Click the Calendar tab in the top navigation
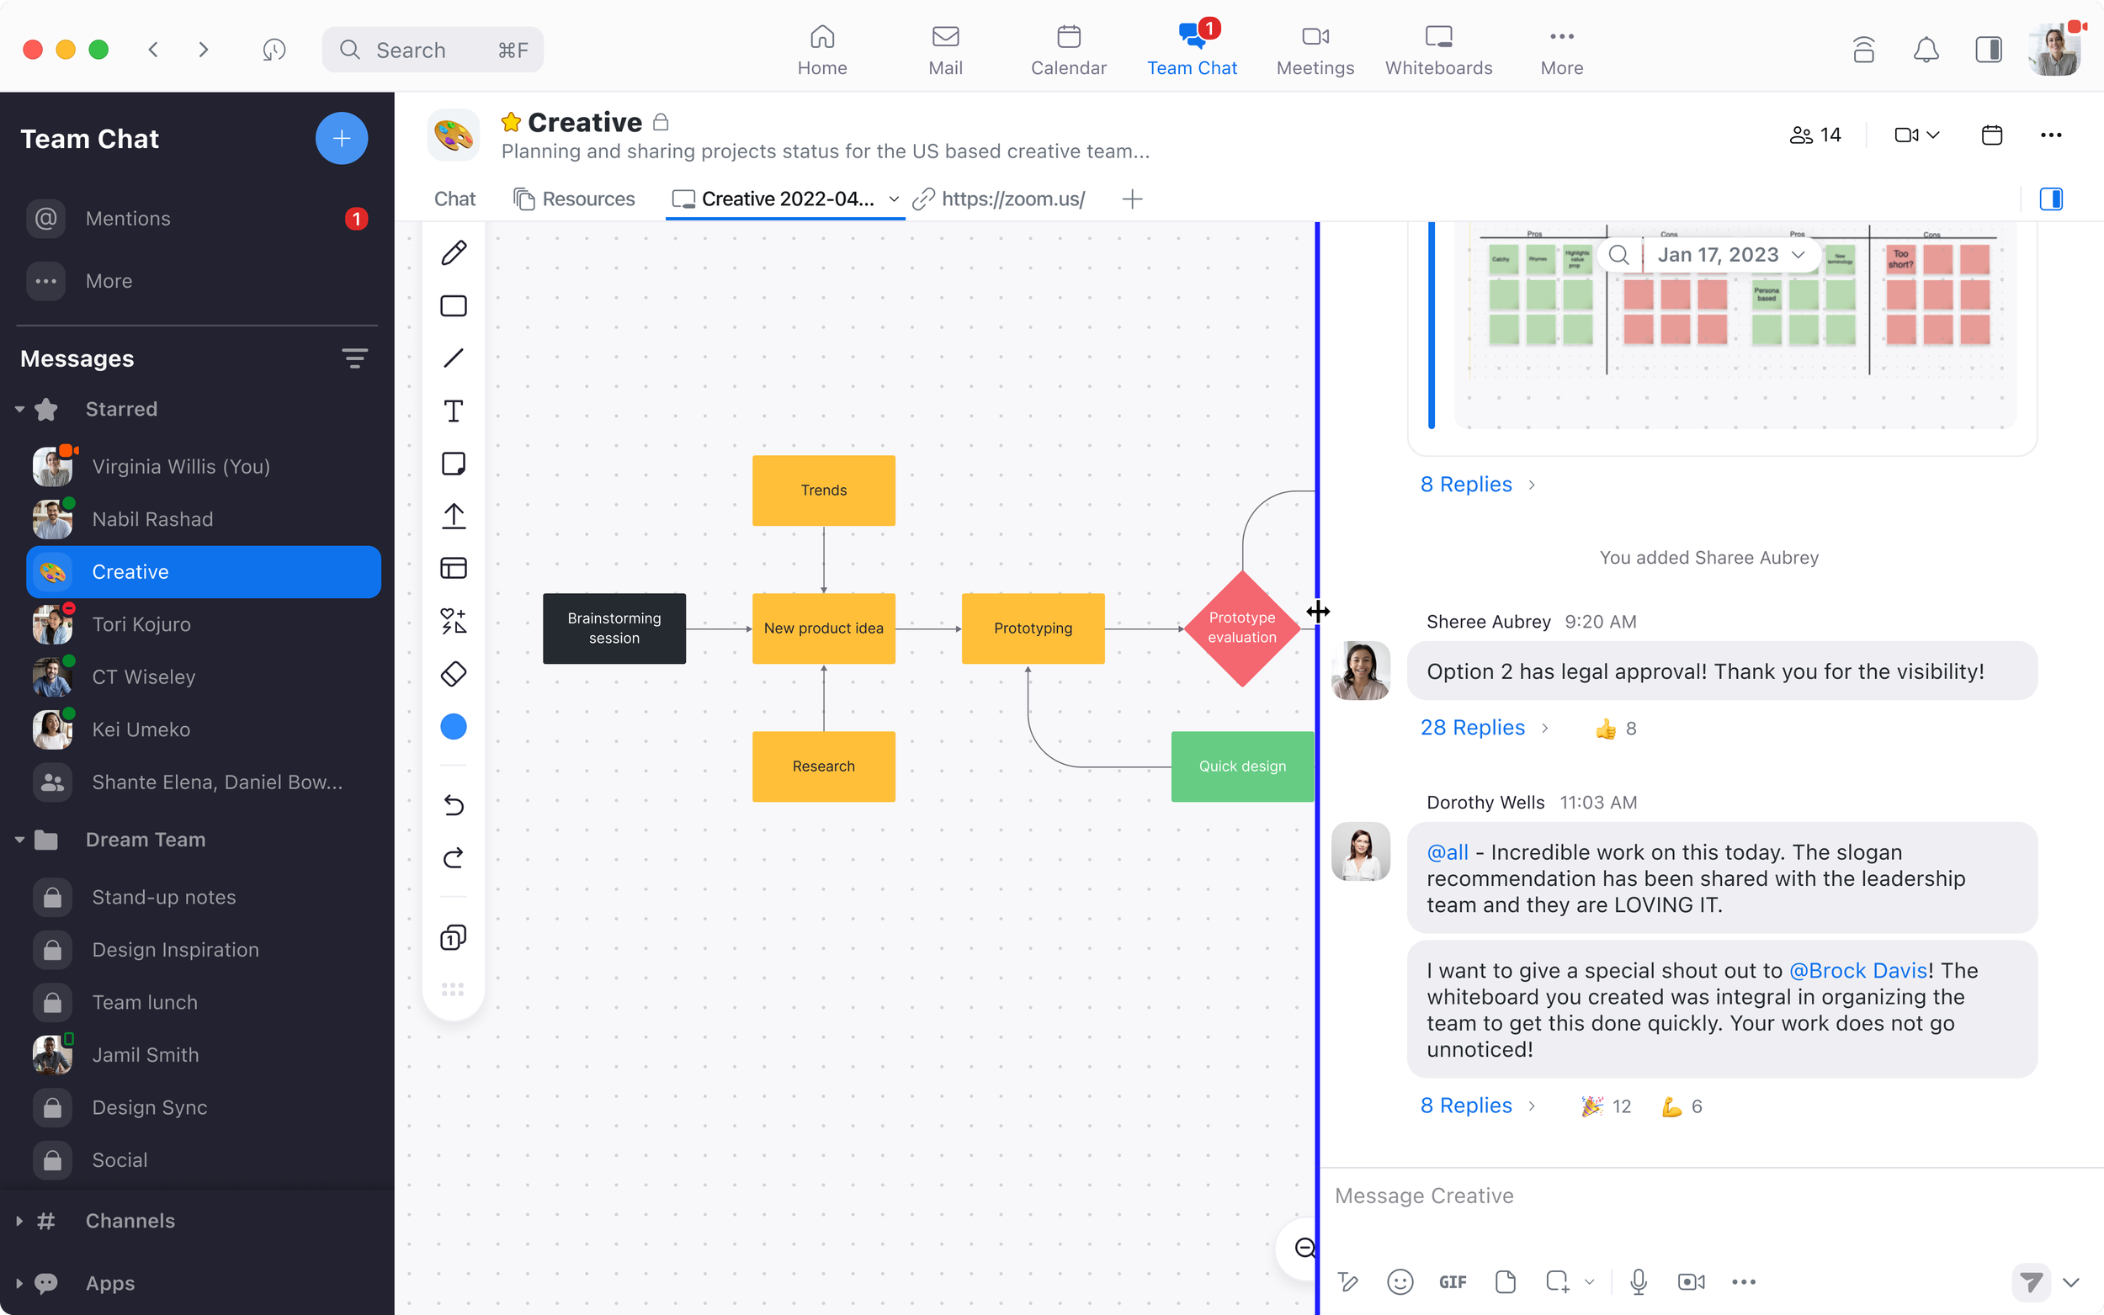click(x=1068, y=50)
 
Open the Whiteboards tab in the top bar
click(x=1437, y=50)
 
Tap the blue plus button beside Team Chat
click(x=341, y=138)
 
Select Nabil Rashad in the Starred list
click(x=152, y=519)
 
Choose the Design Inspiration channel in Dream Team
click(x=175, y=950)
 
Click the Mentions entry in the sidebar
click(x=128, y=218)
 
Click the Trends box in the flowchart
click(x=823, y=490)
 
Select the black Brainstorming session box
click(x=614, y=628)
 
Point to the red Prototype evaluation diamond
click(x=1241, y=628)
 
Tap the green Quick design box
click(x=1241, y=766)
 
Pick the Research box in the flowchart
click(x=823, y=766)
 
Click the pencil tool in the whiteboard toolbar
click(x=453, y=253)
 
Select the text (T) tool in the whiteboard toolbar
click(x=453, y=411)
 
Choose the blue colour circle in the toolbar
click(x=453, y=727)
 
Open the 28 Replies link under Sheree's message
click(x=1472, y=728)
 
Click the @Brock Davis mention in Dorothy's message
click(x=1857, y=971)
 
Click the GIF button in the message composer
click(x=1452, y=1282)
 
